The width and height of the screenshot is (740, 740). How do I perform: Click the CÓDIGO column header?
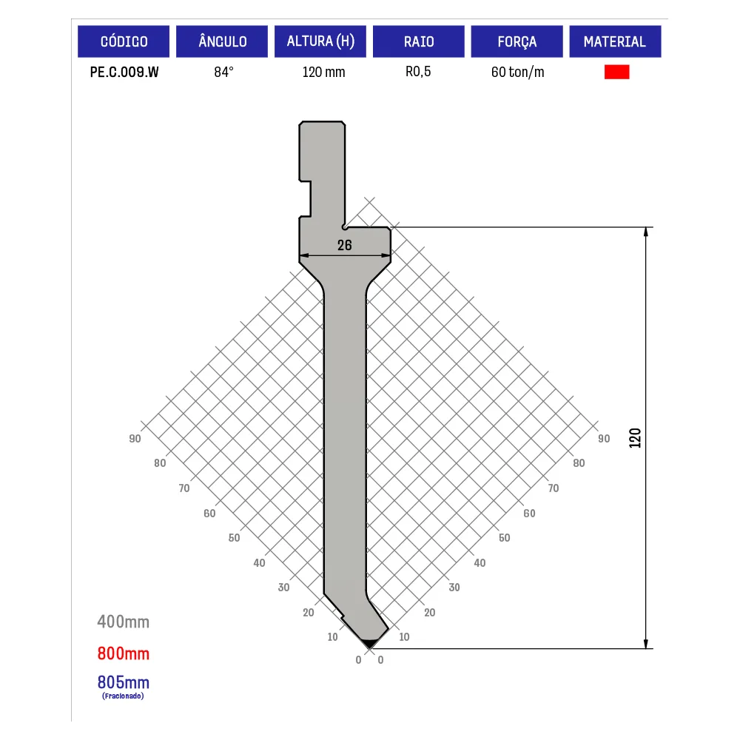point(124,41)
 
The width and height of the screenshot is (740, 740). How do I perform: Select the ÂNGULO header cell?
point(222,41)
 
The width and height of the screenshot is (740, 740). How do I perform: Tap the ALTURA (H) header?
point(320,41)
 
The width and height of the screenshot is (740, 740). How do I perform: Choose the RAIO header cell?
point(419,41)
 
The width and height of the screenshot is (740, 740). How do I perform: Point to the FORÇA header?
point(517,41)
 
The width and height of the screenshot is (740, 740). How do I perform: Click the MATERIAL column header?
point(615,41)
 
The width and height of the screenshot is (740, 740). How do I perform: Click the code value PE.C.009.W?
point(124,73)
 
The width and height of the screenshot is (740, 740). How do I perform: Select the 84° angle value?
point(223,72)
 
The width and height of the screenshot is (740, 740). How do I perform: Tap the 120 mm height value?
point(324,73)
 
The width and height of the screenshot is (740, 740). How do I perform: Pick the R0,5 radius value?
point(418,72)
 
